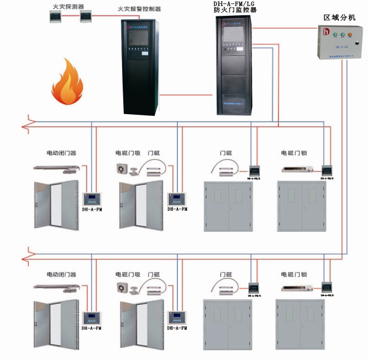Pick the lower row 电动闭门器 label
[x=61, y=274]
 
